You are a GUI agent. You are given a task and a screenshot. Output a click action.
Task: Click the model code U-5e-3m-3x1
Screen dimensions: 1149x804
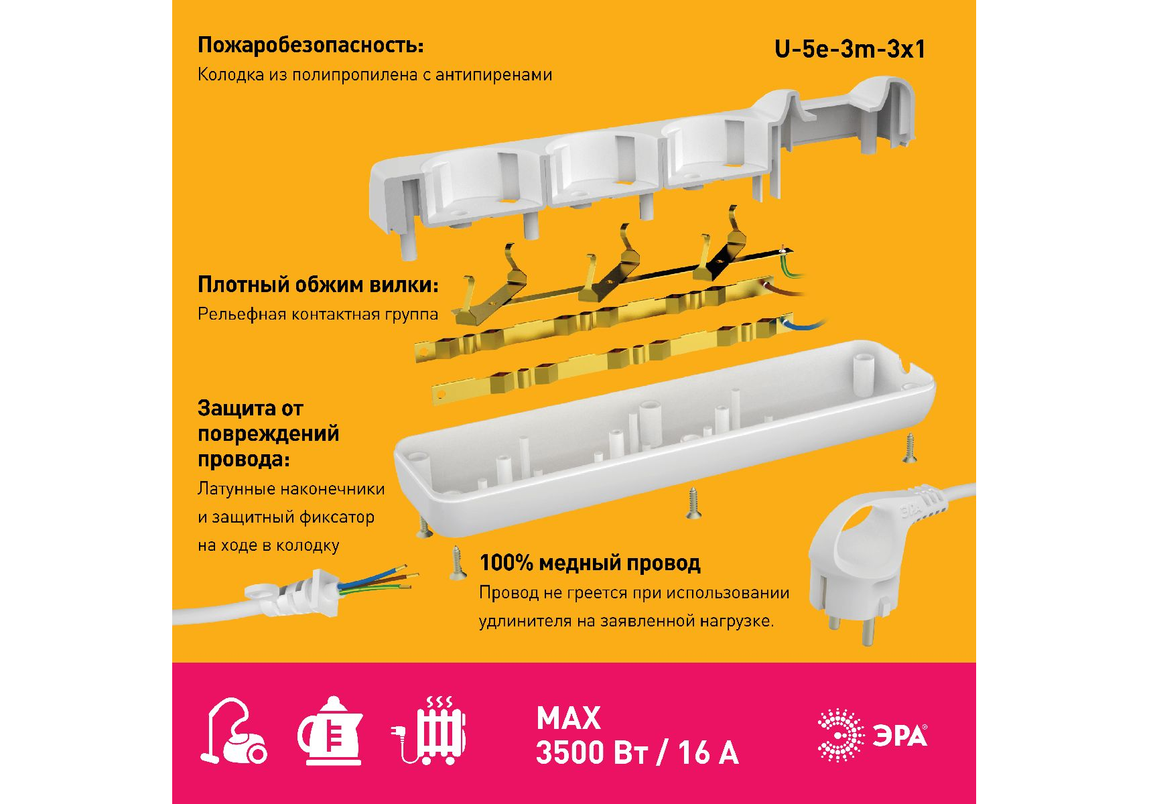[x=850, y=49]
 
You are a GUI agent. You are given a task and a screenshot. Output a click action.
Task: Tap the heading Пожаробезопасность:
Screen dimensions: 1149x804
[x=311, y=45]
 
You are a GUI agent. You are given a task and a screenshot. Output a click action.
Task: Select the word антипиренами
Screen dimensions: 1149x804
[x=494, y=74]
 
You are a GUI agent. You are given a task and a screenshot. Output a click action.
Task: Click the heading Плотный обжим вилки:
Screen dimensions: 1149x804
[x=318, y=285]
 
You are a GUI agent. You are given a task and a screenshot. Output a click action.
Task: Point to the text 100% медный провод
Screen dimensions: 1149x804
[x=590, y=563]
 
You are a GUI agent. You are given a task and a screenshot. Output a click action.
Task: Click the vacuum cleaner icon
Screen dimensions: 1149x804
[x=233, y=732]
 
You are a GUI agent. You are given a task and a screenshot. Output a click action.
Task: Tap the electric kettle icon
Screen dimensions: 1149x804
[x=330, y=731]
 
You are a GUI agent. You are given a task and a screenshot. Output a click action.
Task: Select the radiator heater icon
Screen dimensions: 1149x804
[x=429, y=730]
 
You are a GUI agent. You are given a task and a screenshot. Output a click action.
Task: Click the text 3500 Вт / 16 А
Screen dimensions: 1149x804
[x=637, y=752]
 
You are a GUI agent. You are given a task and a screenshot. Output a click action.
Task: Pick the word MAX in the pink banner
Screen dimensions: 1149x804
[x=569, y=718]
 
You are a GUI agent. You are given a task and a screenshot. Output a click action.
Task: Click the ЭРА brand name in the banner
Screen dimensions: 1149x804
[x=900, y=736]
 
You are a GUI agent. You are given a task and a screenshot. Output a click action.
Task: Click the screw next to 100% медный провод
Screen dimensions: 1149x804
[x=458, y=563]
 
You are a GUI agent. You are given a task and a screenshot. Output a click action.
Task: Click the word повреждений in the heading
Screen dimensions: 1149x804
[x=268, y=434]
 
